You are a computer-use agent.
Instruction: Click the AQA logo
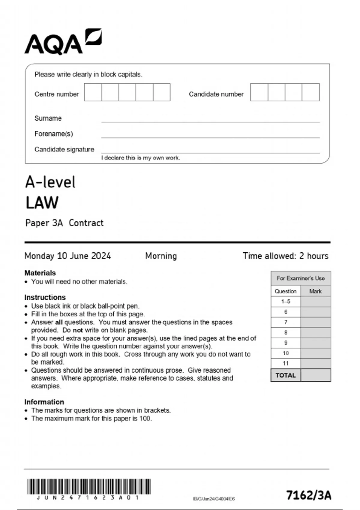(x=63, y=42)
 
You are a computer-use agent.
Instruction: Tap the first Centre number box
(x=93, y=92)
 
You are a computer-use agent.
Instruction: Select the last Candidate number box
(x=310, y=92)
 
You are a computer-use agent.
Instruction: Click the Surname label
(x=48, y=118)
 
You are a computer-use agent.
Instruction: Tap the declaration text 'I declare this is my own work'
(x=140, y=158)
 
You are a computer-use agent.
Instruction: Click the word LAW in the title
(x=42, y=203)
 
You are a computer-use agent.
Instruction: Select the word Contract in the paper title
(x=86, y=223)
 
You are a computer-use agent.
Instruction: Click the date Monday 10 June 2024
(x=68, y=256)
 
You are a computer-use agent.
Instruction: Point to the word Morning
(x=161, y=256)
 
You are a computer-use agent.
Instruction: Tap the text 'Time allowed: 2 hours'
(x=285, y=256)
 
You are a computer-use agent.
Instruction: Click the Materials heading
(x=40, y=273)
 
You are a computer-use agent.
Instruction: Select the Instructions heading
(x=45, y=297)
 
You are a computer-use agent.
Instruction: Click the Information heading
(x=44, y=402)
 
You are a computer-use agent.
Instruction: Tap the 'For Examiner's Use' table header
(x=301, y=278)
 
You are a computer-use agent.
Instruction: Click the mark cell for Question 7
(x=316, y=322)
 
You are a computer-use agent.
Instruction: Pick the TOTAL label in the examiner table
(x=286, y=375)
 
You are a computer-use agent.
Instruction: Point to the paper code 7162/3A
(x=309, y=495)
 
